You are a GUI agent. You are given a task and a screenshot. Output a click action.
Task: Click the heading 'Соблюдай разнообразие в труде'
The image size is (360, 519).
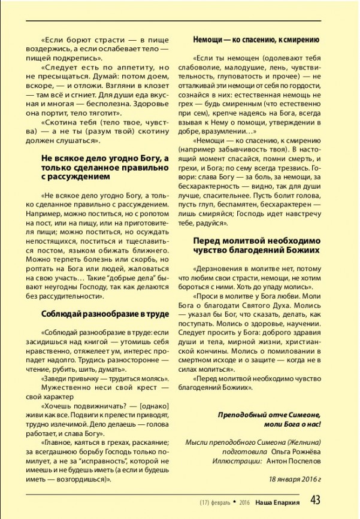click(105, 314)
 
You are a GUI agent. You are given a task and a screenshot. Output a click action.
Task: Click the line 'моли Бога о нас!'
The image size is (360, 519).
click(292, 424)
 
